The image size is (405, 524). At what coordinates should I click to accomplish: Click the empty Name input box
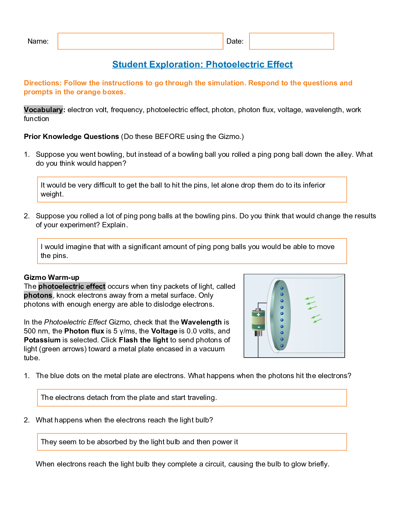(140, 41)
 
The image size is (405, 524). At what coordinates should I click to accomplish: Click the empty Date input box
(291, 41)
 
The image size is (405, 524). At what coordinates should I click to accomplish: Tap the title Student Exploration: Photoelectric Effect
(202, 65)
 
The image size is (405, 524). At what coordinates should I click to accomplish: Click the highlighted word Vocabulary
(43, 110)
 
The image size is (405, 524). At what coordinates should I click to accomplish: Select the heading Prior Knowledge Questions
(71, 137)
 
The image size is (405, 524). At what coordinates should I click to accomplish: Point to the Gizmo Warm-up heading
(52, 278)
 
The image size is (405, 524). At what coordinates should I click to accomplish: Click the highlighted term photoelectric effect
(72, 286)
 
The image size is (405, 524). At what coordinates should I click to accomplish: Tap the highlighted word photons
(38, 295)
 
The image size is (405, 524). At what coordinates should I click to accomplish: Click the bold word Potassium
(42, 340)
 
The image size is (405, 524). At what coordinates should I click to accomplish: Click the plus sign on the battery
(258, 315)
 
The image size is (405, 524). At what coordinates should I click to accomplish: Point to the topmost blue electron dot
(282, 288)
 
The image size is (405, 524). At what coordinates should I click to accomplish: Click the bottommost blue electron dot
(282, 346)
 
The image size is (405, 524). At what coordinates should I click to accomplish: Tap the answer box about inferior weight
(192, 190)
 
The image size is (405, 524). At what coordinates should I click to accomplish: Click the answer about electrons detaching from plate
(192, 398)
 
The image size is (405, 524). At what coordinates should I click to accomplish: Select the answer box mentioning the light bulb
(192, 442)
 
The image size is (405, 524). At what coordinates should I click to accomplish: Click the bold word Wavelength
(201, 322)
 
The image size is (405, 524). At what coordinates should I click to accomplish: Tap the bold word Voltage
(164, 331)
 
